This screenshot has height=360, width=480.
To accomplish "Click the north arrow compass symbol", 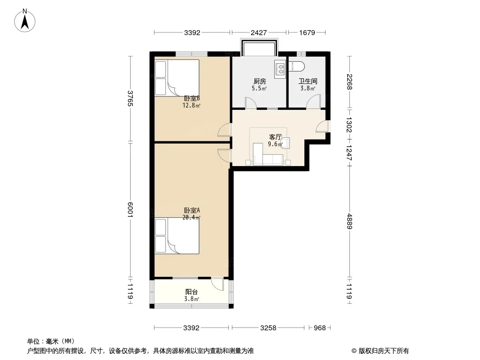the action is pyautogui.click(x=25, y=20).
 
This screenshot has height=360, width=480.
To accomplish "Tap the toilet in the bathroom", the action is pyautogui.click(x=297, y=66).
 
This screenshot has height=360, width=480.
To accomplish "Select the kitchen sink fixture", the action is pyautogui.click(x=280, y=68).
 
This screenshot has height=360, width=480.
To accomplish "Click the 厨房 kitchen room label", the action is pyautogui.click(x=260, y=81).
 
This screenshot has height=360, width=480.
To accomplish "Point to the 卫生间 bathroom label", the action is pyautogui.click(x=308, y=81).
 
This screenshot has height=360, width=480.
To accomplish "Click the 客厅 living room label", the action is pyautogui.click(x=275, y=137).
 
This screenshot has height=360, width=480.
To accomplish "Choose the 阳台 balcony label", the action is pyautogui.click(x=192, y=292).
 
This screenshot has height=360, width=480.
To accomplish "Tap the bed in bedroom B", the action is pyautogui.click(x=177, y=78).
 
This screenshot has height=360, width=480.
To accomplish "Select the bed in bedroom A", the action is pyautogui.click(x=177, y=236).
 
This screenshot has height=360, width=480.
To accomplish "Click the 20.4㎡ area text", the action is pyautogui.click(x=191, y=217).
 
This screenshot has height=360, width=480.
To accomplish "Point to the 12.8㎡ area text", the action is pyautogui.click(x=191, y=105).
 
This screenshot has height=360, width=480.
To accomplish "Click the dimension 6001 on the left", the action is pyautogui.click(x=131, y=210).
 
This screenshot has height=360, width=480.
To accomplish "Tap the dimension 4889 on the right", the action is pyautogui.click(x=349, y=221).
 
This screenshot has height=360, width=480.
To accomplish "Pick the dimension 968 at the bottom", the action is pyautogui.click(x=320, y=328).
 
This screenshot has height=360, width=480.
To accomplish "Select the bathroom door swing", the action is pyautogui.click(x=313, y=101).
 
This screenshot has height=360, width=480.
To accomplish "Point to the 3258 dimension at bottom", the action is pyautogui.click(x=268, y=328).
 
